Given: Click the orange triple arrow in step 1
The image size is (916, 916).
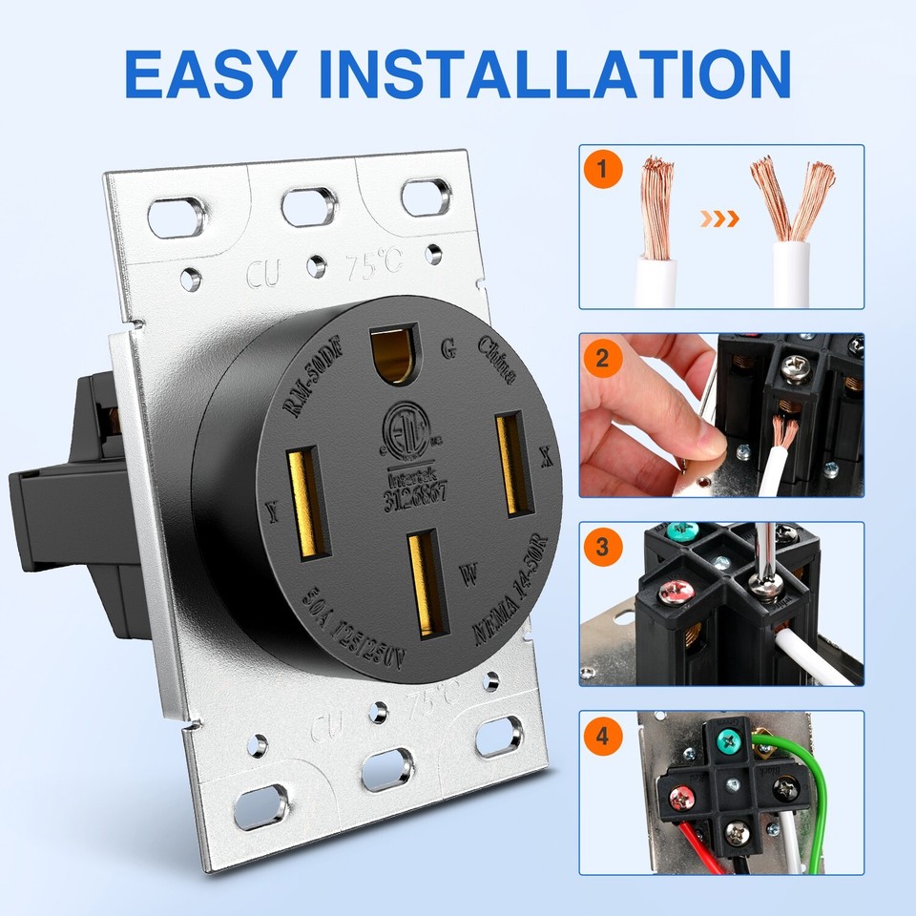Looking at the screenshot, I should pyautogui.click(x=719, y=219).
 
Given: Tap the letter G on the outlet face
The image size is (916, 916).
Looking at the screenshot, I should pyautogui.click(x=447, y=347).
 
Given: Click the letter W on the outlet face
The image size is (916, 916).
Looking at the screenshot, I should pyautogui.click(x=468, y=573).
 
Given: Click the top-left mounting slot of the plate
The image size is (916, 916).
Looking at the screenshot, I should pyautogui.click(x=176, y=217).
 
